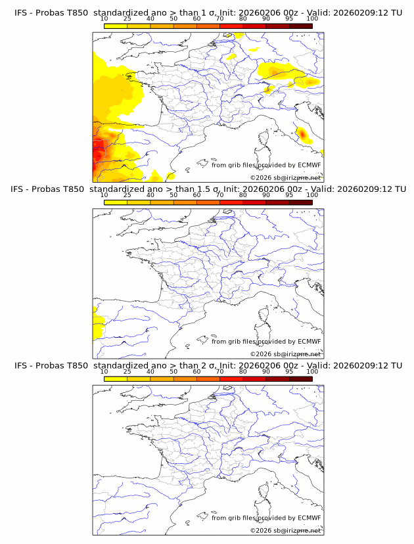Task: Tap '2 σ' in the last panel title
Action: (x=214, y=365)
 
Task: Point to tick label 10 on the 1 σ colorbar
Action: (x=104, y=18)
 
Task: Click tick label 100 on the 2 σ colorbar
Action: (x=312, y=371)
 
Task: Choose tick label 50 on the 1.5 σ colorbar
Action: (x=173, y=195)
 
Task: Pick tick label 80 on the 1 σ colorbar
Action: (x=243, y=18)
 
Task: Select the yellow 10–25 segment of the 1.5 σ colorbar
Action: (x=116, y=202)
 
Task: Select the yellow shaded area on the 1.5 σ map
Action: (x=99, y=326)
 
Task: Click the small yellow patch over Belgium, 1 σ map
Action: (x=231, y=57)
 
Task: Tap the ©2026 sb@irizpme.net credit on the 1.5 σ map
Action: (x=285, y=354)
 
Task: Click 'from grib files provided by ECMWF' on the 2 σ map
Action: (x=266, y=518)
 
